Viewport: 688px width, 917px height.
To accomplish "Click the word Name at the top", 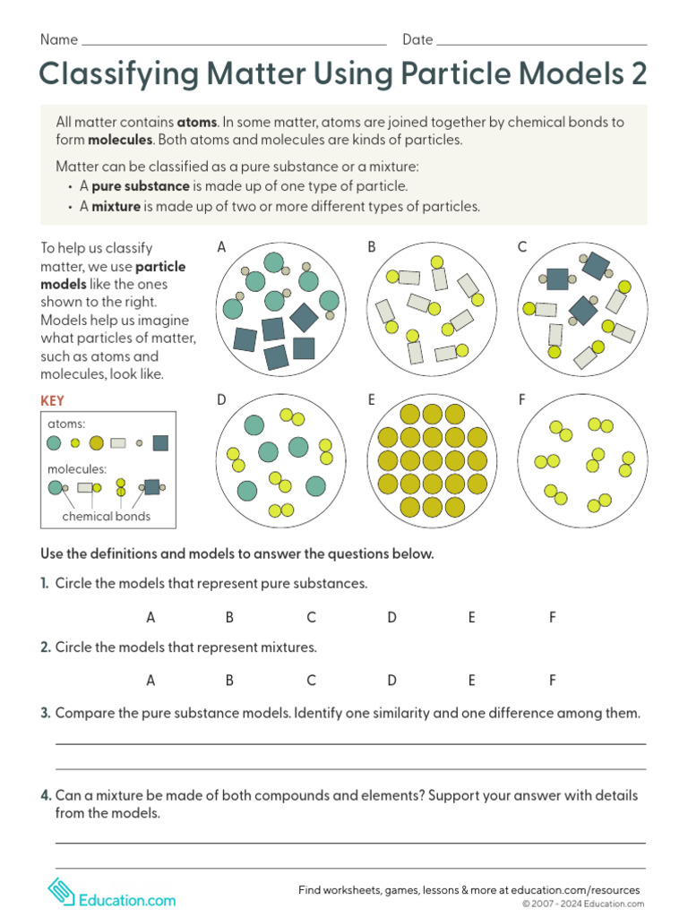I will (x=59, y=39).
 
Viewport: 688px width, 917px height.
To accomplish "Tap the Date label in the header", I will (x=417, y=39).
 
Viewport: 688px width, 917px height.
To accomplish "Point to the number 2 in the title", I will (x=637, y=75).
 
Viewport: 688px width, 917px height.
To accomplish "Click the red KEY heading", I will (x=53, y=401).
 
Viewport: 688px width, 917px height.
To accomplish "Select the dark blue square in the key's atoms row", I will (x=160, y=442).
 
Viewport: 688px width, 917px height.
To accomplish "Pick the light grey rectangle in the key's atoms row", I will (x=118, y=442).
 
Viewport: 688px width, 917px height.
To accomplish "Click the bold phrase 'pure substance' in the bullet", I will (x=141, y=186).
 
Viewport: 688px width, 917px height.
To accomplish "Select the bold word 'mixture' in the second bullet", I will (x=116, y=206).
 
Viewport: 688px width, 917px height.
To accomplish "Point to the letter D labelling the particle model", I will (x=221, y=400).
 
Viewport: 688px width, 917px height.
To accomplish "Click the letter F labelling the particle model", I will (x=521, y=400).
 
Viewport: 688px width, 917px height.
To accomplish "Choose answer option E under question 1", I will (x=471, y=617).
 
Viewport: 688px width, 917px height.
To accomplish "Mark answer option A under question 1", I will (x=150, y=617).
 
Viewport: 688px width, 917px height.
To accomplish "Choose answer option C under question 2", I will (x=311, y=681).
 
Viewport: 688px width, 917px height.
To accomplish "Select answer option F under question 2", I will (x=553, y=681).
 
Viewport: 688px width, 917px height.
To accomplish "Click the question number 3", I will (x=45, y=714).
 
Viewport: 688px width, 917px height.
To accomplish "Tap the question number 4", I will (x=45, y=795).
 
